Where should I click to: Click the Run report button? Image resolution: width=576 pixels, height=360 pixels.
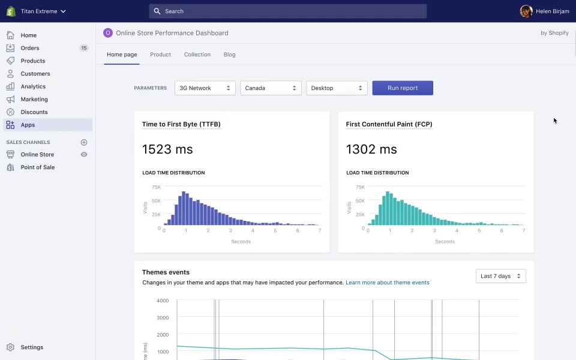tap(403, 88)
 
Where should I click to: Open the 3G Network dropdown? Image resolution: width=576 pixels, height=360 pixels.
tap(205, 88)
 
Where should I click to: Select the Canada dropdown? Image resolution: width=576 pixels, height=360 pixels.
tap(271, 88)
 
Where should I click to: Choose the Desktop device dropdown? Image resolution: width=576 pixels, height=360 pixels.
tap(337, 88)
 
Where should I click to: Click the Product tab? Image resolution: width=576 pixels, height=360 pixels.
tap(160, 55)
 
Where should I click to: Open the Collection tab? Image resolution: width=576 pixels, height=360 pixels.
tap(197, 55)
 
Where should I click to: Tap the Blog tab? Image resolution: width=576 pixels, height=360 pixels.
tap(229, 55)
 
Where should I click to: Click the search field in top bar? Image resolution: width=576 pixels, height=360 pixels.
tap(288, 11)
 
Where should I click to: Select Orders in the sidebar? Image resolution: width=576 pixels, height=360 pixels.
tap(30, 48)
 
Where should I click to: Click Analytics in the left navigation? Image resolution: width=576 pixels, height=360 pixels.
tap(33, 86)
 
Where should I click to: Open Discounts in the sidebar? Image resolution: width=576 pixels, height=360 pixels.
tap(34, 112)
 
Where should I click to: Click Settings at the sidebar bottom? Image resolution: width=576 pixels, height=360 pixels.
tap(32, 347)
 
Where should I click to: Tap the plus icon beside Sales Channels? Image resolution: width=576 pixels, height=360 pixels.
tap(84, 142)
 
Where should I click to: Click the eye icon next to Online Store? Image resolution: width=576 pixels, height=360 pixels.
tap(84, 155)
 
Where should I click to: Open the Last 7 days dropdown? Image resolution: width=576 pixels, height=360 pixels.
tap(500, 276)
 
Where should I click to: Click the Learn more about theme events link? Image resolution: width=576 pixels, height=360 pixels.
tap(387, 283)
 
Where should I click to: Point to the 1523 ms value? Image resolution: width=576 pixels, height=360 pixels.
tap(167, 149)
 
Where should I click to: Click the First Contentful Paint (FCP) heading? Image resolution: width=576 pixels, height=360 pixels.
tap(389, 124)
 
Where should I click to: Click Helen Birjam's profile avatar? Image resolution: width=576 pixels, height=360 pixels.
tap(526, 11)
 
